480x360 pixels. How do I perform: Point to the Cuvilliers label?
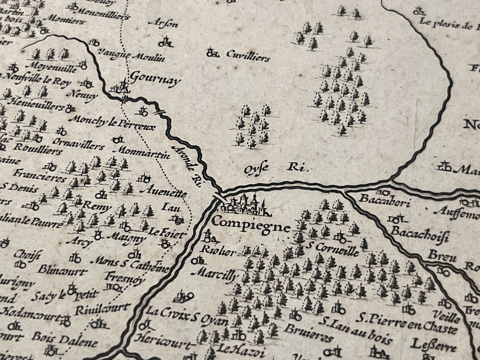(247, 57)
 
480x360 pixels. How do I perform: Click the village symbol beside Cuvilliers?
(212, 53)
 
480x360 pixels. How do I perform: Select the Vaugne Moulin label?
(131, 57)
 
